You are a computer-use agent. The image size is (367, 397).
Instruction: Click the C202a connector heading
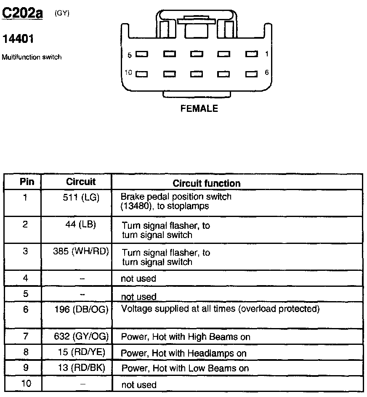(23, 14)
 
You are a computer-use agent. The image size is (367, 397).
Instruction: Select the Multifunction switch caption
(32, 57)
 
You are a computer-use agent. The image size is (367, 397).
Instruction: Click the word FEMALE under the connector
(199, 109)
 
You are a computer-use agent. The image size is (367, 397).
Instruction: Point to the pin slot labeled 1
(251, 54)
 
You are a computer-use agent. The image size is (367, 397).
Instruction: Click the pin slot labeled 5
(142, 54)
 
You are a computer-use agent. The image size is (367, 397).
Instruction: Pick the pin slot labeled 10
(141, 74)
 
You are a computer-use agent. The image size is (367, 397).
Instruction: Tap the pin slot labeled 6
(251, 74)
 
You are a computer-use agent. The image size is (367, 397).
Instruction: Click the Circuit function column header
(207, 183)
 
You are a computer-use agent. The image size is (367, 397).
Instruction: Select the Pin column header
(27, 182)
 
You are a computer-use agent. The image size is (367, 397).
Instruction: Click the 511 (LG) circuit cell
(81, 197)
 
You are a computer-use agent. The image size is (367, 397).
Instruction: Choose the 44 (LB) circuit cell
(81, 225)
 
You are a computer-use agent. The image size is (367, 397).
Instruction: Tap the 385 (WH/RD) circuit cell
(81, 251)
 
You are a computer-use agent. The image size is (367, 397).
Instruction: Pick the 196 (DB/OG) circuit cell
(81, 310)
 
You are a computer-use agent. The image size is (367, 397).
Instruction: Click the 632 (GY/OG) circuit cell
(81, 336)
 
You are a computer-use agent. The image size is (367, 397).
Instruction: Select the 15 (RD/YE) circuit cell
(81, 352)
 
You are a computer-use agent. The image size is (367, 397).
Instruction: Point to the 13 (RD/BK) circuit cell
(81, 368)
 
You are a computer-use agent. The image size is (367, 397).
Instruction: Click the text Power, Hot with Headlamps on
(183, 353)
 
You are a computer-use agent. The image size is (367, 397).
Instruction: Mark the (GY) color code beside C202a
(62, 13)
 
